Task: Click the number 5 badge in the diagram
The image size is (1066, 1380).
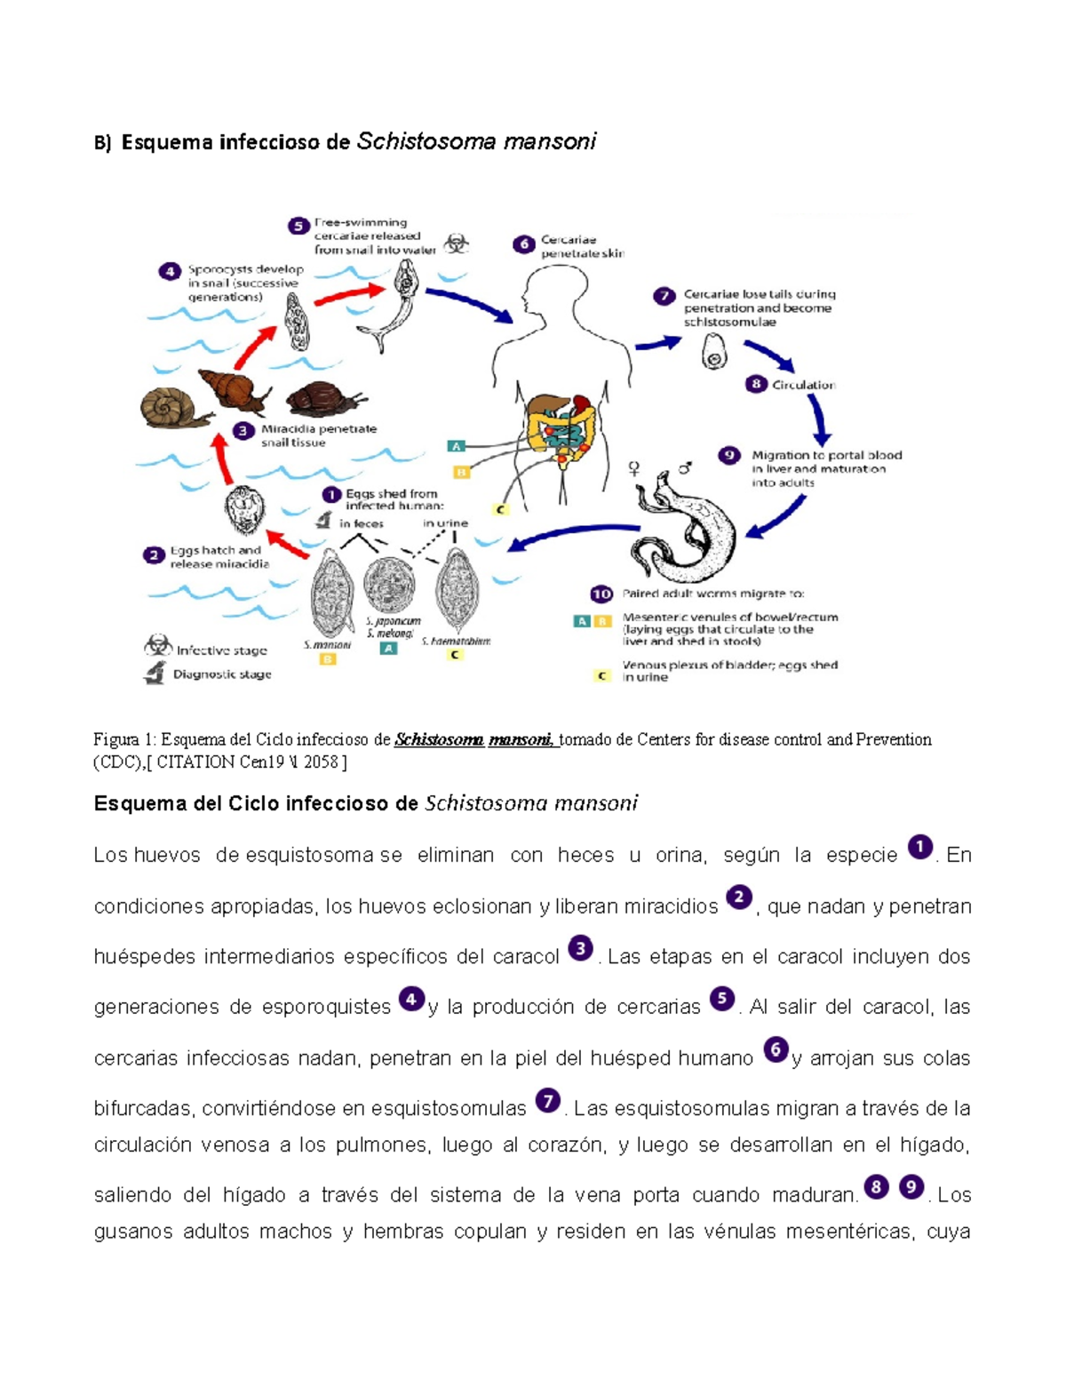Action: (298, 227)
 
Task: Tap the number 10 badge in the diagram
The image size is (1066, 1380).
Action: (601, 594)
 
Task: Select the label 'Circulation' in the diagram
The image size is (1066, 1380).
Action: (803, 385)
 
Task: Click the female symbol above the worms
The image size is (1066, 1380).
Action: (634, 467)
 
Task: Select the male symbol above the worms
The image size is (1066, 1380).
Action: (685, 466)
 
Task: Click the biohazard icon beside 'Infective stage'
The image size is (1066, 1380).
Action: (157, 646)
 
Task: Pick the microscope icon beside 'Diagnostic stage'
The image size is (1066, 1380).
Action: (155, 674)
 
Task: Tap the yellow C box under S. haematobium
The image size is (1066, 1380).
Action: (455, 655)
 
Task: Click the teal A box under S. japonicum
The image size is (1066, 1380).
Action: (388, 649)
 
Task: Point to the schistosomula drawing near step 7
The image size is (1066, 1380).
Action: (714, 351)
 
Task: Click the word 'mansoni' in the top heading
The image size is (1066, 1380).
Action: (550, 141)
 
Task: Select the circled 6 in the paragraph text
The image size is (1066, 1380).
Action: (776, 1050)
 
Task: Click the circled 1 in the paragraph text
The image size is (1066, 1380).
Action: (919, 847)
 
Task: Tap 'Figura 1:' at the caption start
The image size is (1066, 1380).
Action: (125, 739)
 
